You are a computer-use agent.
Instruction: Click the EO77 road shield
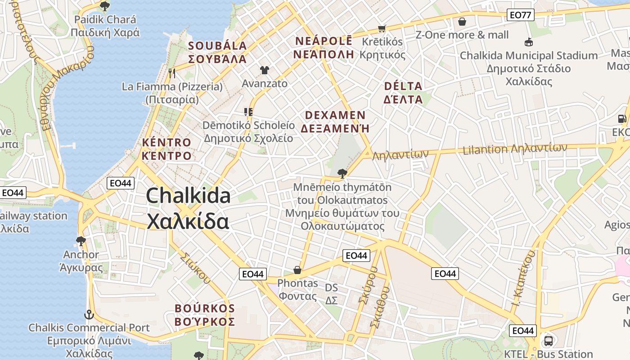(521, 15)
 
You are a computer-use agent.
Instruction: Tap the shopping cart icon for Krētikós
(382, 28)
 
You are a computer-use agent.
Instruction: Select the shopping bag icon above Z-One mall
(462, 21)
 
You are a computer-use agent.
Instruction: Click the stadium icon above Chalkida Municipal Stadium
(529, 42)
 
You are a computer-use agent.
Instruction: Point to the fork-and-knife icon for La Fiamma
(171, 73)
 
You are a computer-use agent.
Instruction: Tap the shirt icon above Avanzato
(264, 70)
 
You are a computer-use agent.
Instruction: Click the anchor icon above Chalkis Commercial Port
(89, 314)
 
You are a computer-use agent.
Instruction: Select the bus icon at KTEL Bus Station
(548, 341)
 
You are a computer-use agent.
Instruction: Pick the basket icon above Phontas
(297, 270)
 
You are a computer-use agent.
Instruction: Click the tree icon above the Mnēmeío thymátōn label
(342, 173)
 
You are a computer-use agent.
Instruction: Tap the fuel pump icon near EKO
(622, 119)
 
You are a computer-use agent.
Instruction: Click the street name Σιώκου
(195, 268)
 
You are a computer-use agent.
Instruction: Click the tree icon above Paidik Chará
(105, 6)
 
